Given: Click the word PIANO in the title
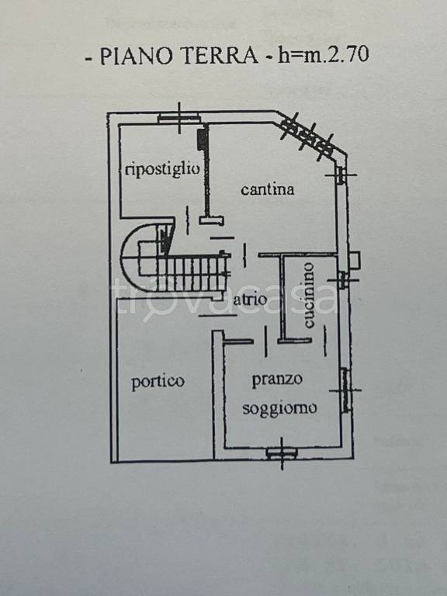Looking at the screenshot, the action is (x=136, y=56).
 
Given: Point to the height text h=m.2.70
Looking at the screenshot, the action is (x=324, y=54).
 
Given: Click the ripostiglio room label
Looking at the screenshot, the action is (x=162, y=168).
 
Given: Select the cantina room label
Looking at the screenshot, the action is (x=268, y=189).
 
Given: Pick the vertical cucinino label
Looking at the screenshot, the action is (x=308, y=296).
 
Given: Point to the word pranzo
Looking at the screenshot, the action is (x=277, y=379).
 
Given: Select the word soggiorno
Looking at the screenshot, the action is (x=279, y=409).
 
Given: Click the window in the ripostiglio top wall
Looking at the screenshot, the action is (x=178, y=117).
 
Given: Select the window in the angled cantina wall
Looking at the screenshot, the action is (x=307, y=136).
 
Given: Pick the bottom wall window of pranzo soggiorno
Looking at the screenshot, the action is (x=281, y=452).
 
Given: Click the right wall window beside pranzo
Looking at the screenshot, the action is (x=345, y=390).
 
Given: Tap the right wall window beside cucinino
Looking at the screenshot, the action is (x=342, y=279).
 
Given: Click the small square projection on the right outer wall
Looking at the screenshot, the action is (x=355, y=260).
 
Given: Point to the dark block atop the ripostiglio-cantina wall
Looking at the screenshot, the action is (x=203, y=140).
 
